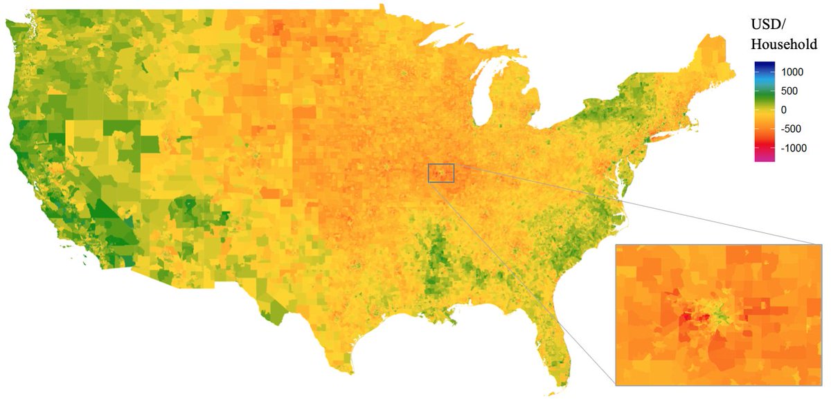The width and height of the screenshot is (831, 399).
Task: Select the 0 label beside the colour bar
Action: (783, 109)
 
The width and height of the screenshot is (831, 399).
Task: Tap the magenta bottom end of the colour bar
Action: (764, 158)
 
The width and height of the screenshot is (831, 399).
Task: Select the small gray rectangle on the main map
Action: (441, 173)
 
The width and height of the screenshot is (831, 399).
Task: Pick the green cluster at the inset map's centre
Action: (720, 315)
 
